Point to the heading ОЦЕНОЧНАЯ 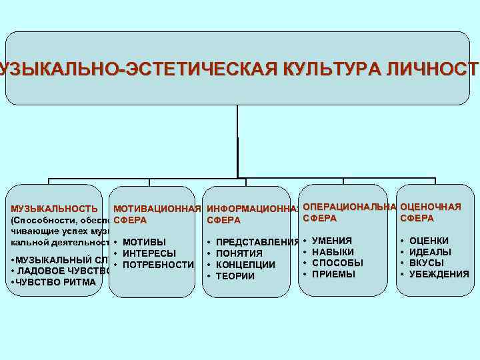(430, 206)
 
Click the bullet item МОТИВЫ (145, 242)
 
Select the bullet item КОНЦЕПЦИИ (246, 265)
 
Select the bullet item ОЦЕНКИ (429, 241)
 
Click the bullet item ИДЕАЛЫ (430, 252)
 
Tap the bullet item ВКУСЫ (427, 263)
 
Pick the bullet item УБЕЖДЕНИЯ (439, 274)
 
